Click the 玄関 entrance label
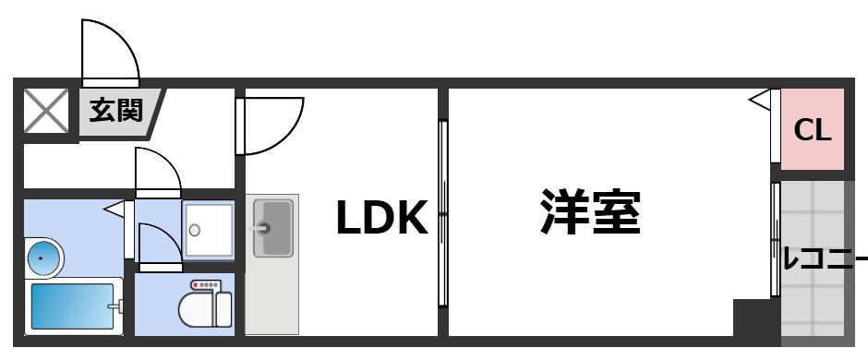[116, 112]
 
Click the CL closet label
[814, 130]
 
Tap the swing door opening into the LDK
[271, 125]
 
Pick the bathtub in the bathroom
[74, 307]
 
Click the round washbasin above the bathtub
[43, 256]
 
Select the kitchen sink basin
[274, 227]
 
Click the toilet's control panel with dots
[204, 285]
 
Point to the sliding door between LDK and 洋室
[442, 212]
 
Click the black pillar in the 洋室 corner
[752, 318]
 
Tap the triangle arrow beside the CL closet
[759, 99]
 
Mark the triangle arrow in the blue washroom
[115, 211]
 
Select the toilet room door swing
[156, 246]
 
